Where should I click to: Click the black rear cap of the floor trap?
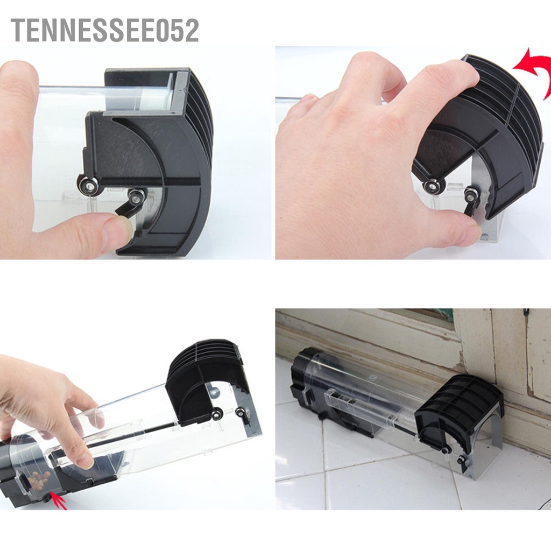click(x=307, y=387)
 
